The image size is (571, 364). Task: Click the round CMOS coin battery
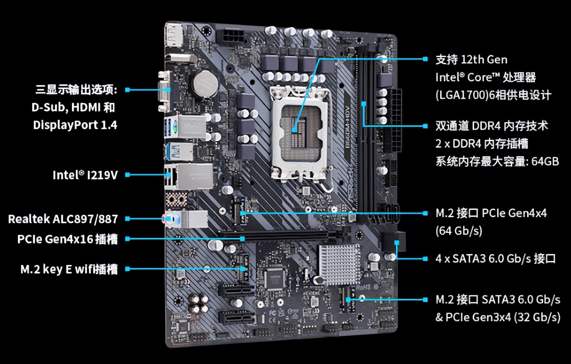(x=206, y=83)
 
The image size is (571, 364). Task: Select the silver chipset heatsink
(x=340, y=264)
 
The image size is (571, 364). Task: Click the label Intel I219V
(x=85, y=175)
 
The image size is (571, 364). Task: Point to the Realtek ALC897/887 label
(x=63, y=219)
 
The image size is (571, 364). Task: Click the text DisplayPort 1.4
(x=75, y=125)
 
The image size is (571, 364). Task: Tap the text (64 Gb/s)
(x=459, y=231)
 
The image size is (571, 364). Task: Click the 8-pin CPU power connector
(x=232, y=37)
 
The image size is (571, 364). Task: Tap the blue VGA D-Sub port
(x=165, y=92)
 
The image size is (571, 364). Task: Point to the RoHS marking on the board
(x=364, y=288)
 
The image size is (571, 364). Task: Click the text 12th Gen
(x=484, y=60)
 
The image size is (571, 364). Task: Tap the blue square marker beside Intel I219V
(x=128, y=175)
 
